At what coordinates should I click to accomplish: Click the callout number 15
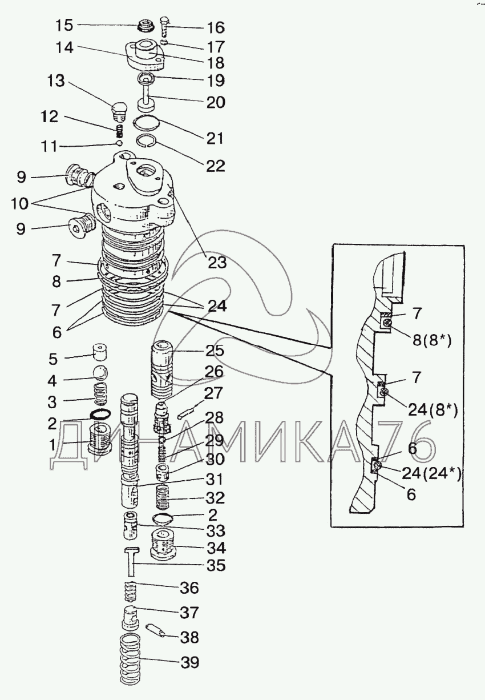(x=64, y=25)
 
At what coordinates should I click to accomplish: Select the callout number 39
(x=190, y=662)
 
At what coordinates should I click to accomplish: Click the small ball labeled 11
(x=119, y=143)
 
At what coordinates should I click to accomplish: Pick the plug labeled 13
(x=119, y=111)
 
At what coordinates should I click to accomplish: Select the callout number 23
(x=217, y=263)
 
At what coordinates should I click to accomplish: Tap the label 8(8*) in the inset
(x=432, y=340)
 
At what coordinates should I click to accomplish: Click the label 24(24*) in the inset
(x=431, y=474)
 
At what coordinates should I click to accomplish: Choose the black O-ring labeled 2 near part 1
(x=100, y=414)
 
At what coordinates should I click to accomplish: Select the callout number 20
(x=216, y=102)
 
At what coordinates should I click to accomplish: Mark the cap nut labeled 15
(x=145, y=25)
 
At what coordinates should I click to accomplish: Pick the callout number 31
(x=215, y=479)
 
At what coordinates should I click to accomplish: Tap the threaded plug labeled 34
(x=162, y=543)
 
